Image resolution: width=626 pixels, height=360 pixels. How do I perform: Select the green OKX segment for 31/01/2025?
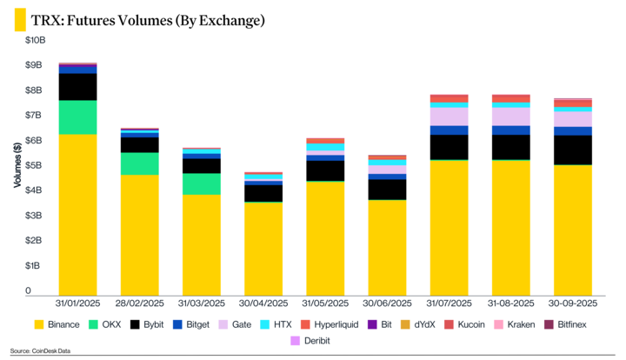pos(77,117)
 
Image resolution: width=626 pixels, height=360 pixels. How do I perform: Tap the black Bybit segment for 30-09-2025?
pos(573,150)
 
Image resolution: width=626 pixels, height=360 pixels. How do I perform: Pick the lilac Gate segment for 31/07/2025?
pos(450,117)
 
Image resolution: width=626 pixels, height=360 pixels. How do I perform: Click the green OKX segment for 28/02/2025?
pos(139,163)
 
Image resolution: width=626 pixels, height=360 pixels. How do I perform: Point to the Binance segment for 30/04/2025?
pos(263,248)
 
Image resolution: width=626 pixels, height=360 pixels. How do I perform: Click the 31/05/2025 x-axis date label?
pos(325,304)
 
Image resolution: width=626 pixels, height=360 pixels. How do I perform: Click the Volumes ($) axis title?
pos(19,165)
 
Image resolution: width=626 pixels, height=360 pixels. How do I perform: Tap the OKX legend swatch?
pos(94,324)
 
